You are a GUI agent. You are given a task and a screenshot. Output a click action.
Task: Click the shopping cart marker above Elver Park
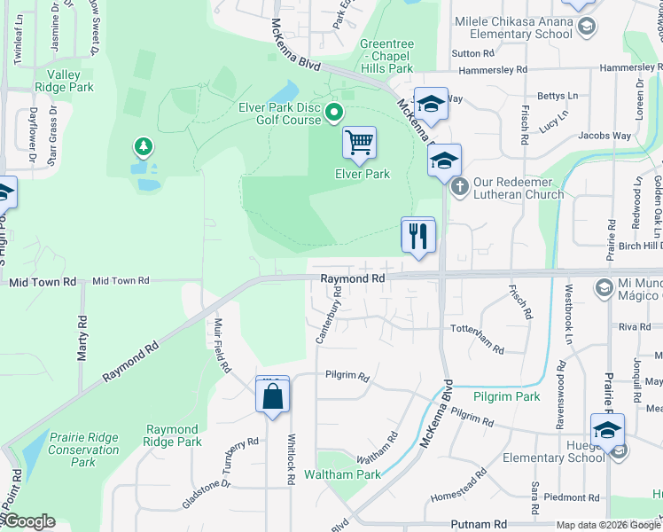(359, 143)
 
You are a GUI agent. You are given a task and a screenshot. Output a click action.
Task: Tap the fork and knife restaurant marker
(418, 236)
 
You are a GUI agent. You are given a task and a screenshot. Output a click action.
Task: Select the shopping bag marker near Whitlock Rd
(273, 395)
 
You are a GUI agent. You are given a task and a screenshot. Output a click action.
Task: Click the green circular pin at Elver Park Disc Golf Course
(334, 112)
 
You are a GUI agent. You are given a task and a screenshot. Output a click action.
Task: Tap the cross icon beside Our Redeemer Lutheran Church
(459, 187)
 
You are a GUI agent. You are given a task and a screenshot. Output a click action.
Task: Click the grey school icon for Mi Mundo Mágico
(603, 286)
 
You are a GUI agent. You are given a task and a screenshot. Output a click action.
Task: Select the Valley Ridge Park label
(65, 81)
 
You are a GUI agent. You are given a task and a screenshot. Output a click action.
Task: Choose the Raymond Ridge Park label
(174, 435)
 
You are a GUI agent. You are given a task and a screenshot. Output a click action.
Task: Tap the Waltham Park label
(342, 474)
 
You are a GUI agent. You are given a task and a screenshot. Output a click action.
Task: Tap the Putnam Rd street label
(479, 524)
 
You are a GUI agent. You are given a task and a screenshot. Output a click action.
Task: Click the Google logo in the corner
(29, 521)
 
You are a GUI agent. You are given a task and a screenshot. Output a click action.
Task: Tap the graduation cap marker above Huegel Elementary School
(607, 430)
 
